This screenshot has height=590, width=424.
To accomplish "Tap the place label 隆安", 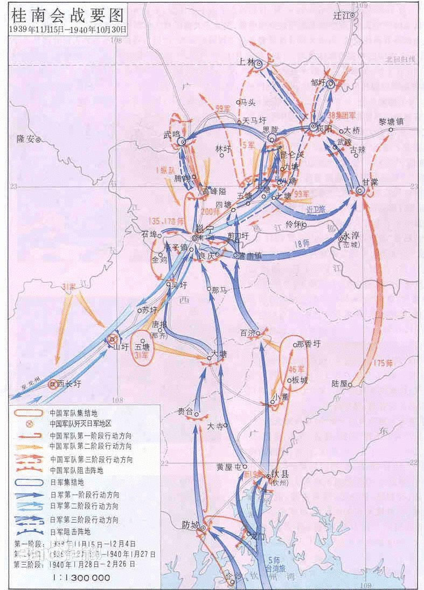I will (x=25, y=138).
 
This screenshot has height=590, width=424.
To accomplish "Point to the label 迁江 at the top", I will (x=341, y=15).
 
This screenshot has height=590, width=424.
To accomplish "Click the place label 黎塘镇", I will (x=391, y=122).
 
